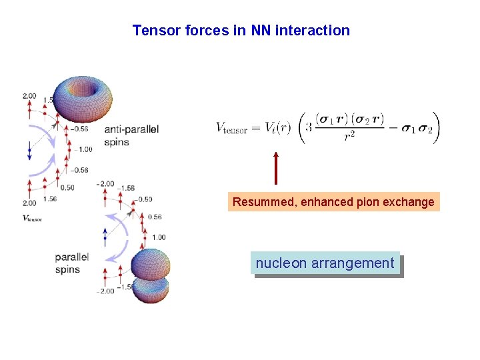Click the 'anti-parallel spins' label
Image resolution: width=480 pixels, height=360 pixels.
pyautogui.click(x=131, y=135)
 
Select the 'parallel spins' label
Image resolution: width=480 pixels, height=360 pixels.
pyautogui.click(x=72, y=263)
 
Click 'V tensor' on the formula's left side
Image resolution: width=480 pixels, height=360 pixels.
pyautogui.click(x=231, y=129)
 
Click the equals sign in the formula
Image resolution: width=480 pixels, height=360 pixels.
pyautogui.click(x=254, y=128)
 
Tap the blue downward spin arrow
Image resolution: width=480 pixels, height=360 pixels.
pyautogui.click(x=29, y=152)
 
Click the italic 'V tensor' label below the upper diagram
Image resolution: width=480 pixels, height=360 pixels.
pyautogui.click(x=32, y=218)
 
